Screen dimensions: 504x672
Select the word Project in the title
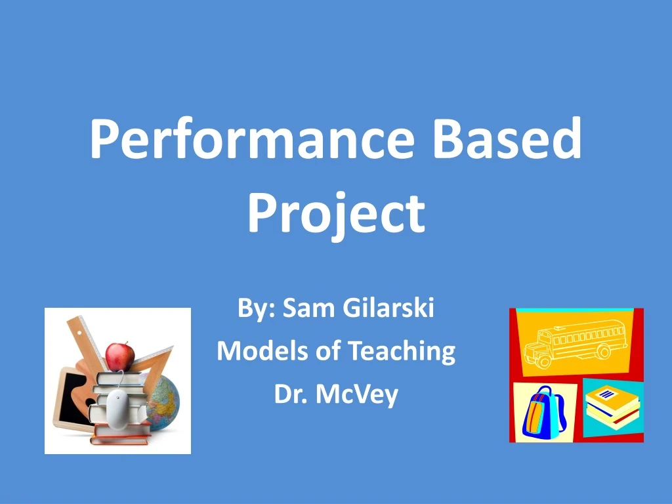[336, 214]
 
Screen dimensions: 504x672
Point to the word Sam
[303, 308]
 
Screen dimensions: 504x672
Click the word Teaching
[401, 351]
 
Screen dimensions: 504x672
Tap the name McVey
[356, 394]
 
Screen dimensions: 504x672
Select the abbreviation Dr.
[289, 394]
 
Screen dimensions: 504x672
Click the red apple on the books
[119, 356]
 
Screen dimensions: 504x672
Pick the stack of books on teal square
[611, 407]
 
